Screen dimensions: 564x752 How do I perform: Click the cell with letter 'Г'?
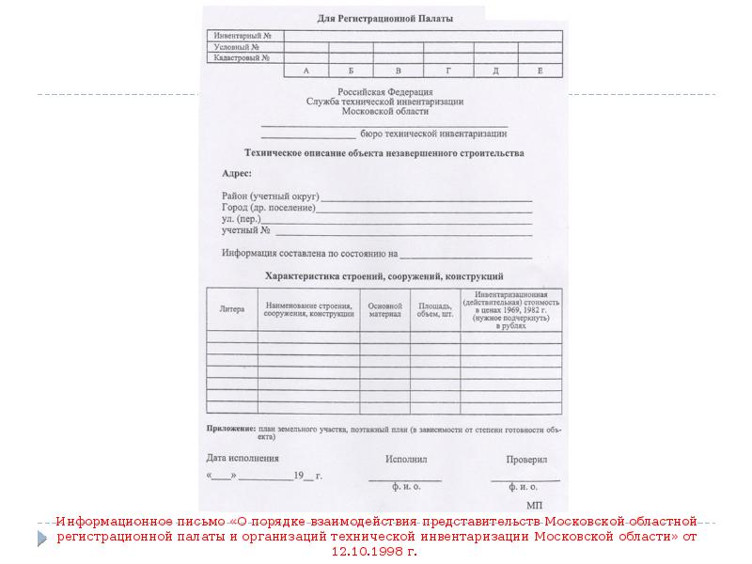click(448, 71)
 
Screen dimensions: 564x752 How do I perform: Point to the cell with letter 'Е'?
click(540, 71)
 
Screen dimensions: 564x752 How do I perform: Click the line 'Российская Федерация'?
click(384, 91)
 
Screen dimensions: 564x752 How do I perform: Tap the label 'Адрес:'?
click(237, 174)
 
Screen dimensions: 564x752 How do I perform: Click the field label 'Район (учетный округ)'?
click(271, 196)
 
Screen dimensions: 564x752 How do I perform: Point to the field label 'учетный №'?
click(246, 230)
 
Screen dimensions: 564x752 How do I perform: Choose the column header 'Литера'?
click(231, 308)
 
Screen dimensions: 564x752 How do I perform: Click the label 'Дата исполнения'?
click(243, 459)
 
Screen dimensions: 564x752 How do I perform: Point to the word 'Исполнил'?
click(406, 460)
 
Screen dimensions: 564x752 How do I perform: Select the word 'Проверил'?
click(526, 460)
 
